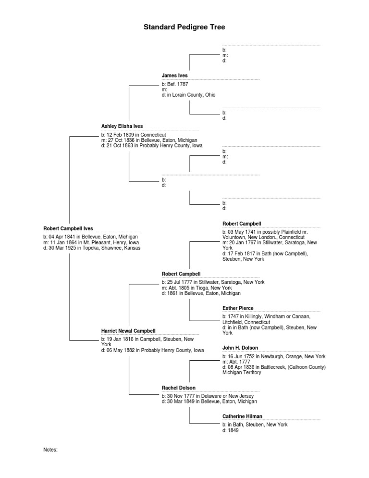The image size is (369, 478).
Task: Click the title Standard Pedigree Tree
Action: (x=184, y=27)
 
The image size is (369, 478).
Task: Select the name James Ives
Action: (x=175, y=75)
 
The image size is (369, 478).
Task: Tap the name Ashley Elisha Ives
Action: (x=122, y=126)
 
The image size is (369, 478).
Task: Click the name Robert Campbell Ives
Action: (x=68, y=228)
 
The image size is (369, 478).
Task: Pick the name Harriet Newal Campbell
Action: (x=128, y=331)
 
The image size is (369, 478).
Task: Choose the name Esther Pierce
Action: (x=238, y=308)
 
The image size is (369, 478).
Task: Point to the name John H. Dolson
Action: (x=240, y=348)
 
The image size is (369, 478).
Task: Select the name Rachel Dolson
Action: (x=179, y=388)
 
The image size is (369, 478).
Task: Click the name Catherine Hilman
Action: (x=242, y=416)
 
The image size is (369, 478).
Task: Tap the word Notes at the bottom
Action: (x=50, y=450)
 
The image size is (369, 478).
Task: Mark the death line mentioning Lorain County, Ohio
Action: (x=189, y=95)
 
